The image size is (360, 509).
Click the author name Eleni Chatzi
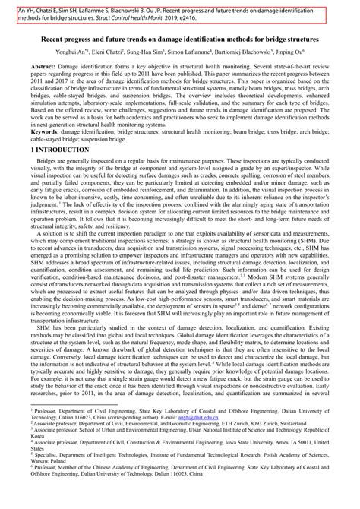click(x=120, y=52)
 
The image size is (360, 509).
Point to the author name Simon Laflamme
click(x=206, y=52)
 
